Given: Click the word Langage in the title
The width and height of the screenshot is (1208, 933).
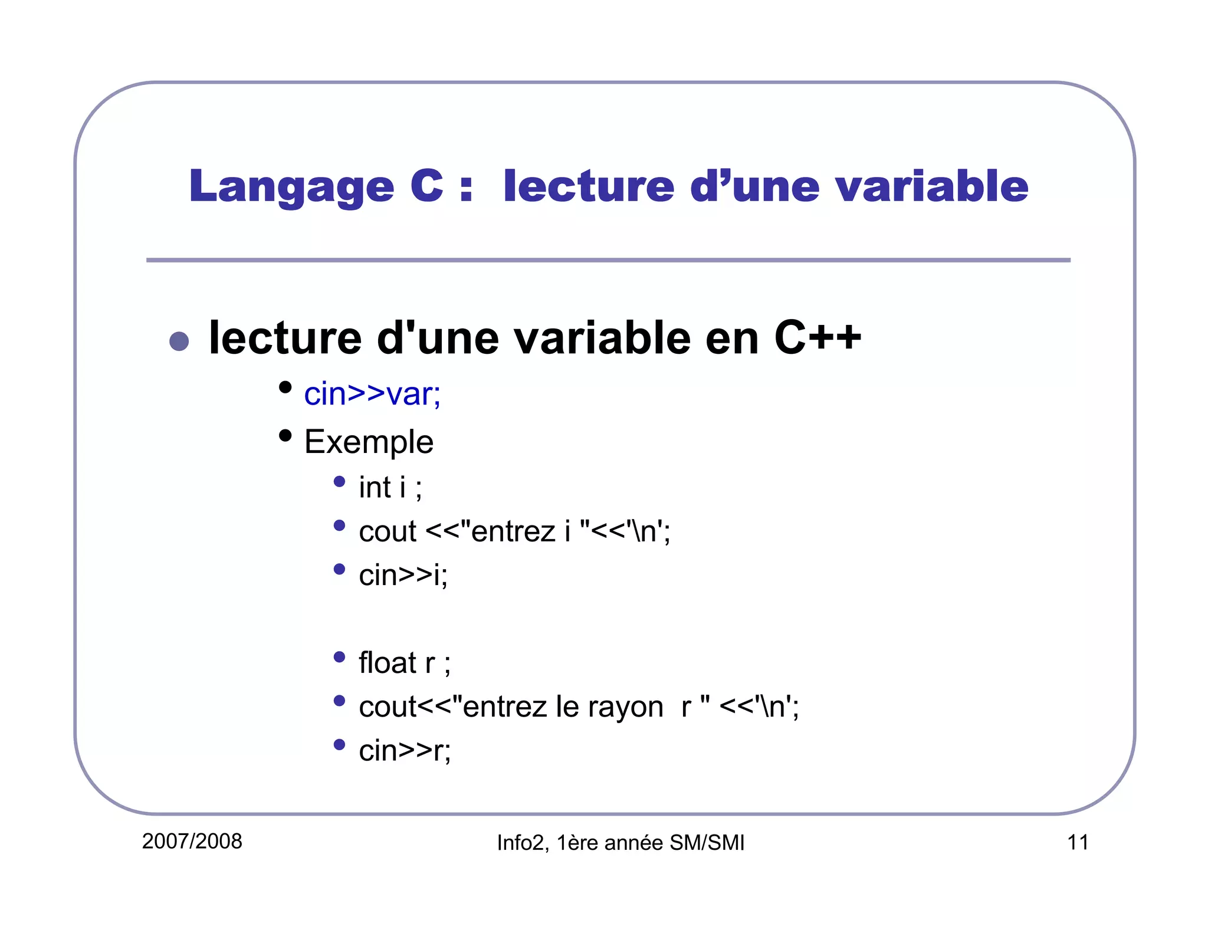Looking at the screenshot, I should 291,187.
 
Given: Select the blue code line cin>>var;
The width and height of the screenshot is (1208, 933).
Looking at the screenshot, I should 372,394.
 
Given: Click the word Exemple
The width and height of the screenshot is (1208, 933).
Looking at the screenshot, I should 369,442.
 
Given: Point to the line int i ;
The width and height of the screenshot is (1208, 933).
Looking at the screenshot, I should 390,488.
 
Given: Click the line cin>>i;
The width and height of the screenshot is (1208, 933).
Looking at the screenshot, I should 403,575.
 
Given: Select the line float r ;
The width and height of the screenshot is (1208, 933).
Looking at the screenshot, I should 405,663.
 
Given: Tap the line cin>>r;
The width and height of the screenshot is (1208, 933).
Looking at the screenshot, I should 405,751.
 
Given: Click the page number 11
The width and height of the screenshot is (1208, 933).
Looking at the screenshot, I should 1078,842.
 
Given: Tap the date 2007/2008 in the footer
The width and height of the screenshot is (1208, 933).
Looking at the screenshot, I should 192,841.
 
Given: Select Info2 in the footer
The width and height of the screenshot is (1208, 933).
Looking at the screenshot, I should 521,843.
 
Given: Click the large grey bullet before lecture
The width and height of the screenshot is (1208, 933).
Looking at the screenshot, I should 179,341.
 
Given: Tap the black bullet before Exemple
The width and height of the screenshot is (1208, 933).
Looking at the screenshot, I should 285,436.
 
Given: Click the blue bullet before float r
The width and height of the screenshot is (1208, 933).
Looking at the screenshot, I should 339,657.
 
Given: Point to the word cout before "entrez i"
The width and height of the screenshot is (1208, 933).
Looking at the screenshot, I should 388,531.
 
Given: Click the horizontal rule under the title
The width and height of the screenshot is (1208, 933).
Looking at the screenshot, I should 608,260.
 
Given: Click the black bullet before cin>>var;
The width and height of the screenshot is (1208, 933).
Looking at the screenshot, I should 285,387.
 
